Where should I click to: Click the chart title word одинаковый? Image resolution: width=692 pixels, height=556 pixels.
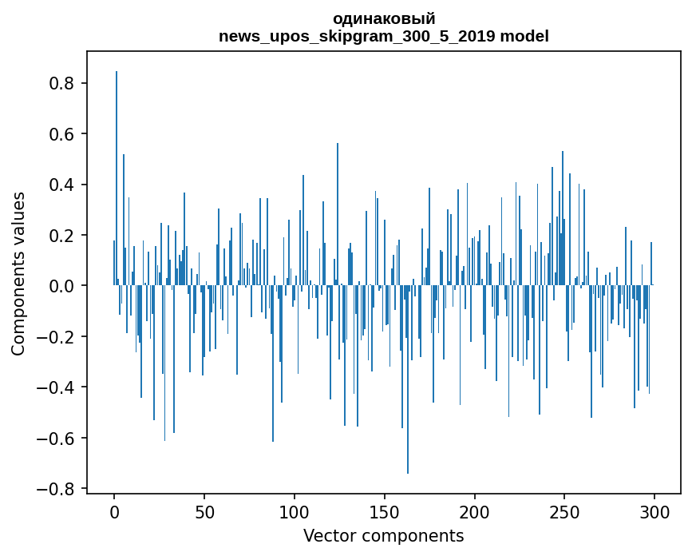tap(384, 19)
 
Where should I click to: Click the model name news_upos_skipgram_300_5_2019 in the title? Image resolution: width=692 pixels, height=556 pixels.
tap(357, 36)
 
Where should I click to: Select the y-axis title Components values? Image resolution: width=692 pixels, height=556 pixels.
tap(18, 273)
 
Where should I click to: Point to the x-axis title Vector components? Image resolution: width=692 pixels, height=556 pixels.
tap(383, 535)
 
